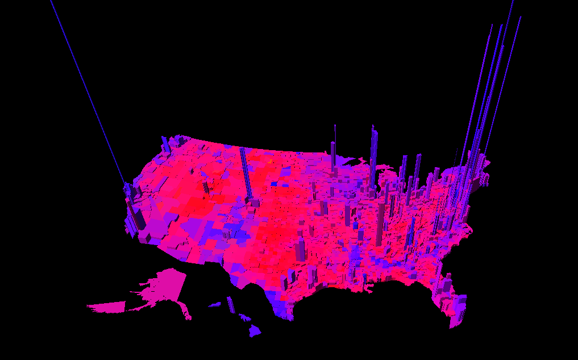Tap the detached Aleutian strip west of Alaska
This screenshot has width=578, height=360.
(x=106, y=307)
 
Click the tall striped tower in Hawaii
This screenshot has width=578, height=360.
(x=230, y=305)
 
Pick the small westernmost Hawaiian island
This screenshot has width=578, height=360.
(x=214, y=305)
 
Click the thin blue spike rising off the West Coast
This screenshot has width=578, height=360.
(x=85, y=85)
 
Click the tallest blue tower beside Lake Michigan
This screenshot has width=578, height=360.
(x=373, y=154)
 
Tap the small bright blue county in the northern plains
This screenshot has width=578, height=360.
(x=275, y=184)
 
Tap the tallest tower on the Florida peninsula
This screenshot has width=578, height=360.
(x=448, y=287)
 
